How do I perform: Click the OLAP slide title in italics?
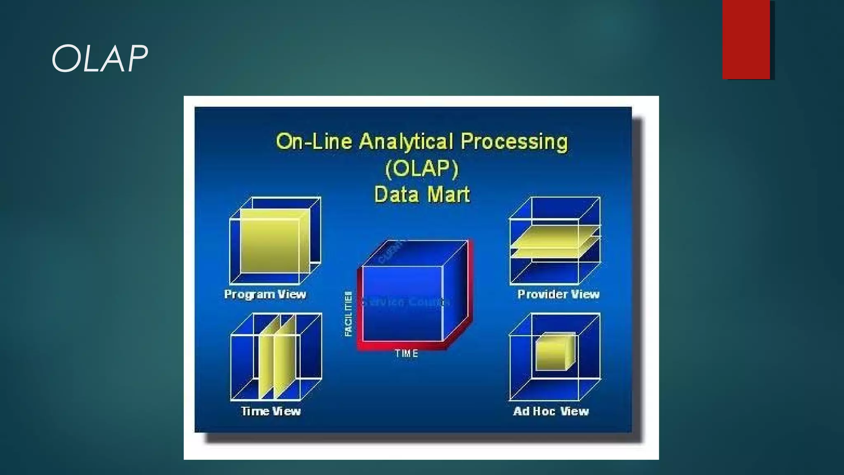(99, 59)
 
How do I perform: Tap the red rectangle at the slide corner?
(746, 40)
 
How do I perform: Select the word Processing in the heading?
(514, 141)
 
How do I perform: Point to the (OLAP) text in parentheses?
(422, 168)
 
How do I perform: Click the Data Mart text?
(422, 195)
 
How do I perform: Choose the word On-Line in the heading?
(314, 141)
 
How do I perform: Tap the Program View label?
(265, 294)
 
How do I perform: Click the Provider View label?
(558, 294)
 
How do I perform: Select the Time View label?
(271, 411)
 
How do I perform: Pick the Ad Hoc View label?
(551, 411)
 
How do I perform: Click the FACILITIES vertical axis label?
(349, 314)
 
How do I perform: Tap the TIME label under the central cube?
(407, 354)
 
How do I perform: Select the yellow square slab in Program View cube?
(270, 243)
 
